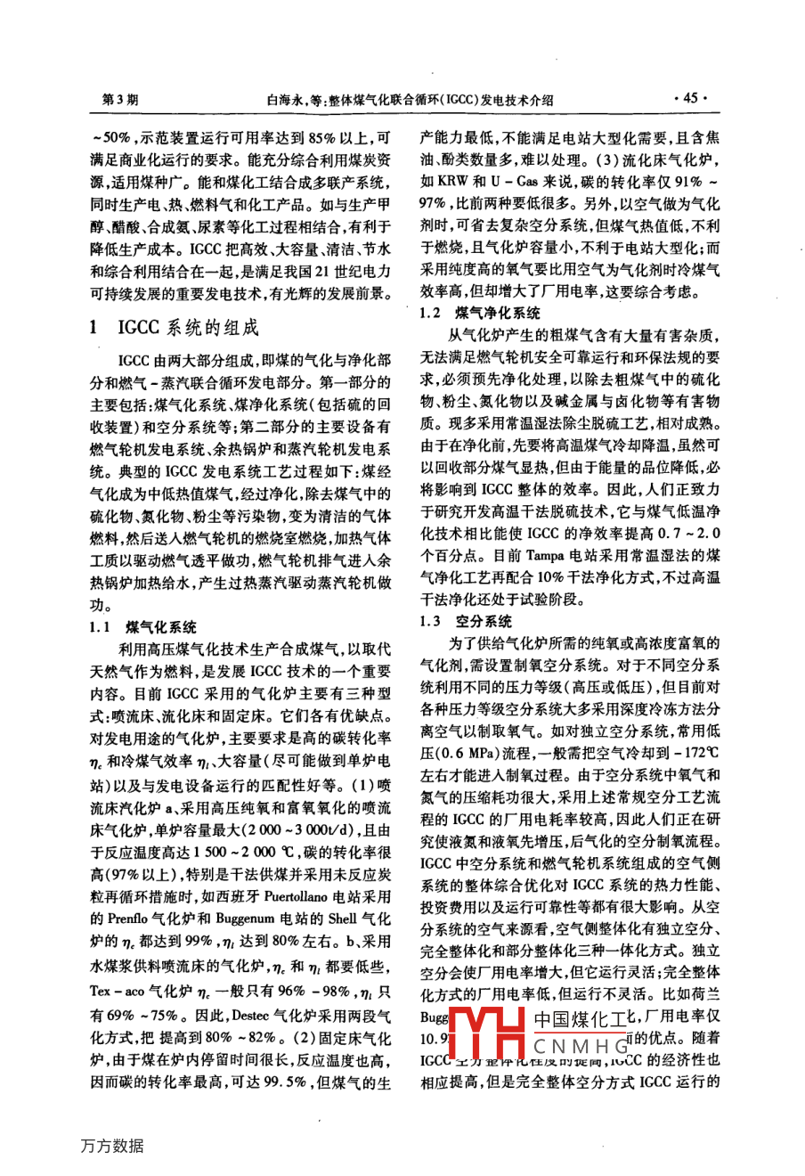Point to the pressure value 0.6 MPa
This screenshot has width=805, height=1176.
coord(462,752)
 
